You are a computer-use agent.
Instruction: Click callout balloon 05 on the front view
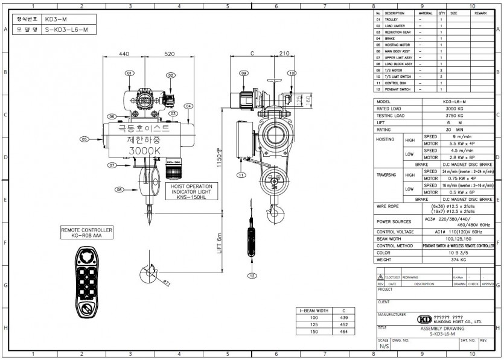point(85,139)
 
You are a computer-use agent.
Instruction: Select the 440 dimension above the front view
point(124,54)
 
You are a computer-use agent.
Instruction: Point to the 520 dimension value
point(169,54)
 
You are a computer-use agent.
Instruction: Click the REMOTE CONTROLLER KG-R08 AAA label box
point(86,232)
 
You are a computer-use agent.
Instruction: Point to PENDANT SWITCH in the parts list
point(398,89)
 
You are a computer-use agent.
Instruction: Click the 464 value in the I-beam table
point(343,330)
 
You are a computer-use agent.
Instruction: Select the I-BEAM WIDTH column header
point(313,310)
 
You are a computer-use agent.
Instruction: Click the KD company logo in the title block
point(424,319)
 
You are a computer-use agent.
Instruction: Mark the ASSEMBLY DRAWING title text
point(442,329)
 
